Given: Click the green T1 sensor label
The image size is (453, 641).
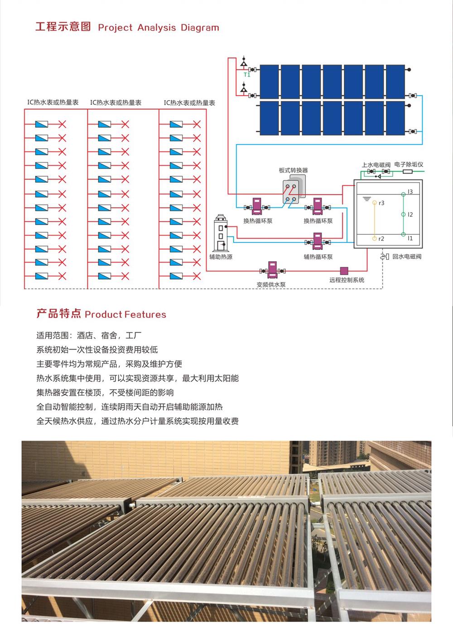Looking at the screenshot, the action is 247,75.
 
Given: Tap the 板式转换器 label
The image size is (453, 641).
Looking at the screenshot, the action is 294,170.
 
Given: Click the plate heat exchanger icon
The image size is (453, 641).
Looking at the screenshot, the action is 294,189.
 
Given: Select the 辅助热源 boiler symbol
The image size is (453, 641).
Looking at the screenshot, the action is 221,233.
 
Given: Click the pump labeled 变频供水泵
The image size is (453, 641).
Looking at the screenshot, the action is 272,270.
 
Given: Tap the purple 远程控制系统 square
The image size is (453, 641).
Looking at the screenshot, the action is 344,271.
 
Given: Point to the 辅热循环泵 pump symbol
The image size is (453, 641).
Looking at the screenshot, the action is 318,241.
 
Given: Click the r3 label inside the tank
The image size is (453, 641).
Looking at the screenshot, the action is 381,203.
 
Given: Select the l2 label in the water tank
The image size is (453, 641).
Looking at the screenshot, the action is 410,214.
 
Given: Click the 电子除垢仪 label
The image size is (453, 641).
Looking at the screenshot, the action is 409,165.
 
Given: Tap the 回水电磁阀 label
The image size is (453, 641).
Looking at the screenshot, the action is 407,257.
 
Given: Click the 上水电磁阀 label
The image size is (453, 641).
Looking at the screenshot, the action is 376,165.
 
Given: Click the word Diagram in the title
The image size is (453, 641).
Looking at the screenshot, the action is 200,28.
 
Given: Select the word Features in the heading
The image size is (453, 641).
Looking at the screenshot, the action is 145,315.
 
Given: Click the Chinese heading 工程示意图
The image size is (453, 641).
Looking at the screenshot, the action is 63,27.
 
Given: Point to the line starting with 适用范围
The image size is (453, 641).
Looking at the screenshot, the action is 89,335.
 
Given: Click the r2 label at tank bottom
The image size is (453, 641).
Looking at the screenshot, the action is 381,238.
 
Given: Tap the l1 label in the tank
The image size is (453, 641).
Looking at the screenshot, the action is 410,238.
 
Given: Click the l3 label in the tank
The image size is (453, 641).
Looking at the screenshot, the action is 410,192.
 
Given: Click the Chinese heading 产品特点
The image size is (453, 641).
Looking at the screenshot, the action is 58,314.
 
